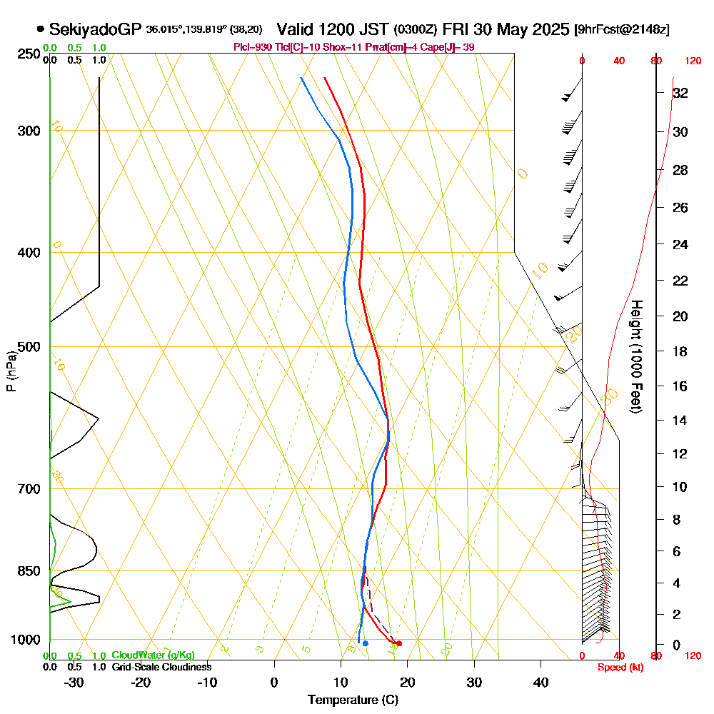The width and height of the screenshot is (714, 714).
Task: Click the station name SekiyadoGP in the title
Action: (96, 29)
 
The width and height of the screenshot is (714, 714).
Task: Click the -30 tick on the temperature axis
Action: (74, 682)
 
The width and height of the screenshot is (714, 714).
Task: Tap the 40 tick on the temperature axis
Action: (541, 682)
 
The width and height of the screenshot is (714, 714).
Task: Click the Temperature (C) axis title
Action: (353, 700)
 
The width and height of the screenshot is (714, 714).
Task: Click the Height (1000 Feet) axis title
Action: (635, 356)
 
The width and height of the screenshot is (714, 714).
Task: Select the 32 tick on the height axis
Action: (680, 92)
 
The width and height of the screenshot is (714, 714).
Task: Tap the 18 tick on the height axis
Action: (680, 351)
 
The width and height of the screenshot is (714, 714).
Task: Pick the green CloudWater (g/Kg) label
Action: (153, 655)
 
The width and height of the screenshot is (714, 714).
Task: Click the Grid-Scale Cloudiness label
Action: (161, 667)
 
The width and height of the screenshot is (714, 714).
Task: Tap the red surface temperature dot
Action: (399, 643)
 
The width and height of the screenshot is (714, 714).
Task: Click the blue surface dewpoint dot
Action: (365, 643)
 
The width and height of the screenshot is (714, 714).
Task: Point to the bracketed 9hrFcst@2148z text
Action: (622, 30)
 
